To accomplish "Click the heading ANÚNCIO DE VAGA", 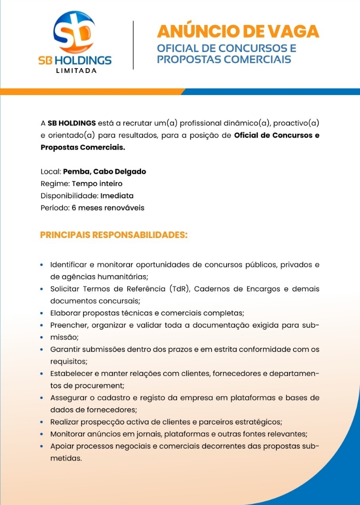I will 238,31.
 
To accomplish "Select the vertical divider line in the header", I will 133,45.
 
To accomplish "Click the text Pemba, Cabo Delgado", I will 104,171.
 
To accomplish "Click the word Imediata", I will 116,195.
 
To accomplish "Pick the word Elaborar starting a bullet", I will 66,313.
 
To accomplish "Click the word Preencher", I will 68,325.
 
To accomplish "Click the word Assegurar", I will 69,398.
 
